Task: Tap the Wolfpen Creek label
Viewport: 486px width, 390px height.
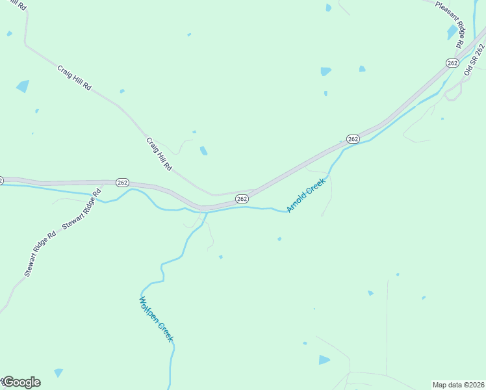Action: coord(156,319)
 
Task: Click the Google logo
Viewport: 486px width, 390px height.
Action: coord(21,382)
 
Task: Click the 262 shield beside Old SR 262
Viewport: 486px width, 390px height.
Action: coord(453,62)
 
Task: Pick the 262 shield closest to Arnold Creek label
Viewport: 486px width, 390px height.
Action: coord(242,198)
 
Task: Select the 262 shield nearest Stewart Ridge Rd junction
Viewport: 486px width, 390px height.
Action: coord(123,183)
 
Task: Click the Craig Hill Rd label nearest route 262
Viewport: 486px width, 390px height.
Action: coord(159,154)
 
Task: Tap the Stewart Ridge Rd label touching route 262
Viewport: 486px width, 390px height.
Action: coord(83,209)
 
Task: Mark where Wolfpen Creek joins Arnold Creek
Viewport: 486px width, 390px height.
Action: coord(207,212)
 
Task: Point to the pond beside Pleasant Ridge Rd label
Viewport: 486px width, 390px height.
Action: coord(452,32)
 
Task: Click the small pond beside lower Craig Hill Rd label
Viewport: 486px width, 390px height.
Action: coord(203,151)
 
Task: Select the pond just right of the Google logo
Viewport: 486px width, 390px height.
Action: coord(58,372)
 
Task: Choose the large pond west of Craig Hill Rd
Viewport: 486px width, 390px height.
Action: coord(23,86)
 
